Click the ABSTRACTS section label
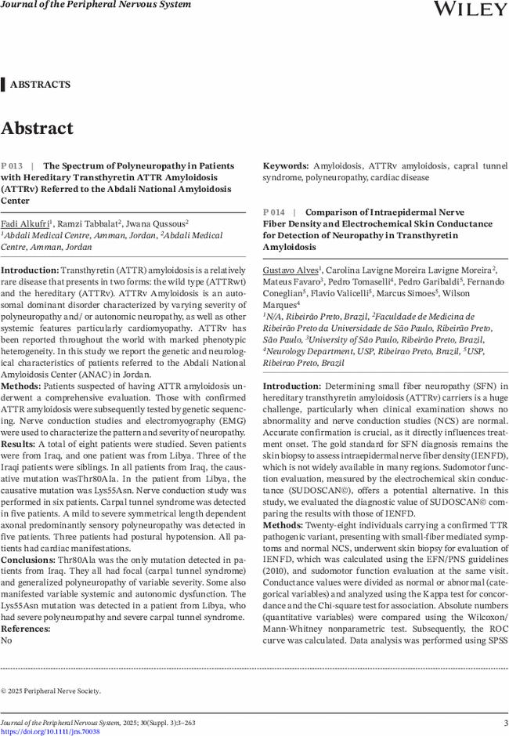pyautogui.click(x=40, y=85)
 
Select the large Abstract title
pyautogui.click(x=38, y=129)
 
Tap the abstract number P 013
pyautogui.click(x=13, y=166)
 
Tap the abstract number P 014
pyautogui.click(x=274, y=212)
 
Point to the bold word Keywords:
pyautogui.click(x=284, y=166)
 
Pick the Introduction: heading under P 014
pyautogui.click(x=291, y=386)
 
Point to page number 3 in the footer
pyautogui.click(x=505, y=722)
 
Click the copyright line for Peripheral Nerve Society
pyautogui.click(x=51, y=691)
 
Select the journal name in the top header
pyautogui.click(x=96, y=5)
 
